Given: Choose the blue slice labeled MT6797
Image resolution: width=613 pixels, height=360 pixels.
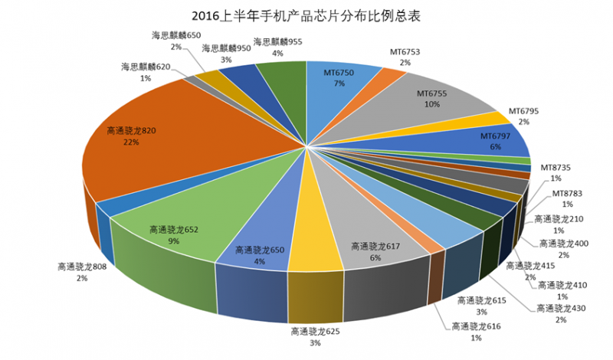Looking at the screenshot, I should click(x=490, y=142).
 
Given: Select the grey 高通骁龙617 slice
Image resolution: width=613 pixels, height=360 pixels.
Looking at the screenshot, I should click(x=368, y=253).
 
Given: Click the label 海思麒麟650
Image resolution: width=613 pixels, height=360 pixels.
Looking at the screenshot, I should click(x=175, y=35).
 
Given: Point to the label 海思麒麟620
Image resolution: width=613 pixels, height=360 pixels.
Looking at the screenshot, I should click(x=145, y=67).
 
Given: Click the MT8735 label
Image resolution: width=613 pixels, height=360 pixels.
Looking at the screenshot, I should click(x=556, y=167).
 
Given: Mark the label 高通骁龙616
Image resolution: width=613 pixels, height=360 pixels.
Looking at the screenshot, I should click(x=476, y=327).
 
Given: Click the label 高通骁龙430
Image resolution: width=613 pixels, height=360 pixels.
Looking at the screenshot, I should click(x=562, y=308).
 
